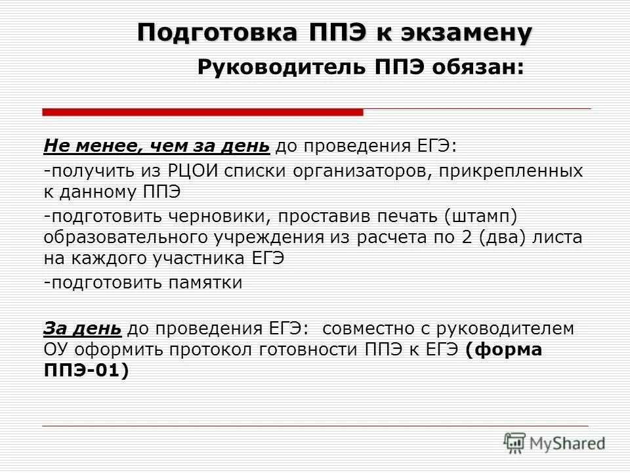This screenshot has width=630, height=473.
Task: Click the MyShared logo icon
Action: [515, 443]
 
